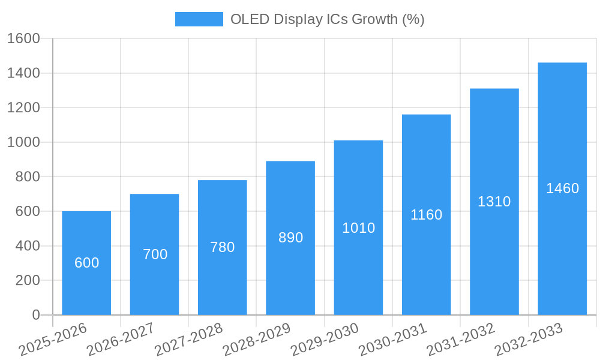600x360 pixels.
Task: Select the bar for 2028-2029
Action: [x=290, y=270]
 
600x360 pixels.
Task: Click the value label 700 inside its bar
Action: [x=155, y=254]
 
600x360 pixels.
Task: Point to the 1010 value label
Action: [x=358, y=228]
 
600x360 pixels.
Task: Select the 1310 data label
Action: [x=494, y=202]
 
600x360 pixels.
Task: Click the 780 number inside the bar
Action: [x=222, y=247]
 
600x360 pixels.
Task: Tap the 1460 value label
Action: [x=562, y=188]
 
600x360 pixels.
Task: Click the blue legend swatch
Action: [x=199, y=19]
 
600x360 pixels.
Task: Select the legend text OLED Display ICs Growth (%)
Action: [x=327, y=19]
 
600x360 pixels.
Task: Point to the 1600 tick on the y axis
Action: [x=23, y=38]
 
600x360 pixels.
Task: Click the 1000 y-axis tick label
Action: [x=23, y=142]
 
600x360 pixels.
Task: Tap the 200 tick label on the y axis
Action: [x=27, y=280]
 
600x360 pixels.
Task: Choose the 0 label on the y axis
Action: [x=35, y=315]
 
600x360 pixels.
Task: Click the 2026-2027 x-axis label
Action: [x=121, y=340]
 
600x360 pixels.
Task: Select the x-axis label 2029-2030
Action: [x=325, y=340]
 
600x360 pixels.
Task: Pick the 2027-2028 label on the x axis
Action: [x=188, y=340]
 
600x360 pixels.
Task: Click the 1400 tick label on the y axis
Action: [x=23, y=73]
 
